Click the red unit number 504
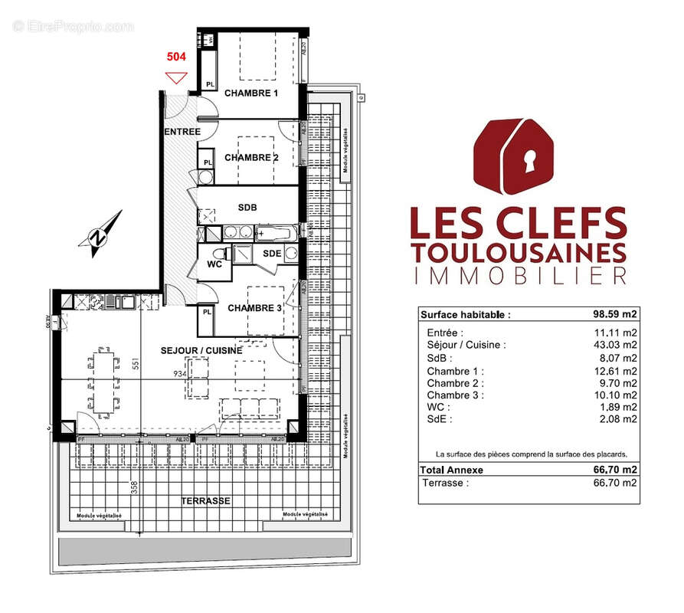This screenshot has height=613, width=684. point(177,57)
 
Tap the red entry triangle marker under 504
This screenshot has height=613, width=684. point(177,77)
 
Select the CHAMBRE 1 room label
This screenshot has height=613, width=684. point(250,93)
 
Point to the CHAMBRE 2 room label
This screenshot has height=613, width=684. point(251,158)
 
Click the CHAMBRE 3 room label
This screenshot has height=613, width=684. point(255,308)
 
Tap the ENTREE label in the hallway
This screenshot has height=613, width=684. point(182,132)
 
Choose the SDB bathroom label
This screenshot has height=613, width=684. point(247,208)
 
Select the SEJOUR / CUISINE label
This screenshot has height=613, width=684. point(201,350)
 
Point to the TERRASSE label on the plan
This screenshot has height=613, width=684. point(205,500)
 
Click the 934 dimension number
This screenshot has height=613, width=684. point(179,373)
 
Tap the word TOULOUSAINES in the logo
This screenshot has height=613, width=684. point(519,251)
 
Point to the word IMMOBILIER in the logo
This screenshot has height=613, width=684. point(519,276)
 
